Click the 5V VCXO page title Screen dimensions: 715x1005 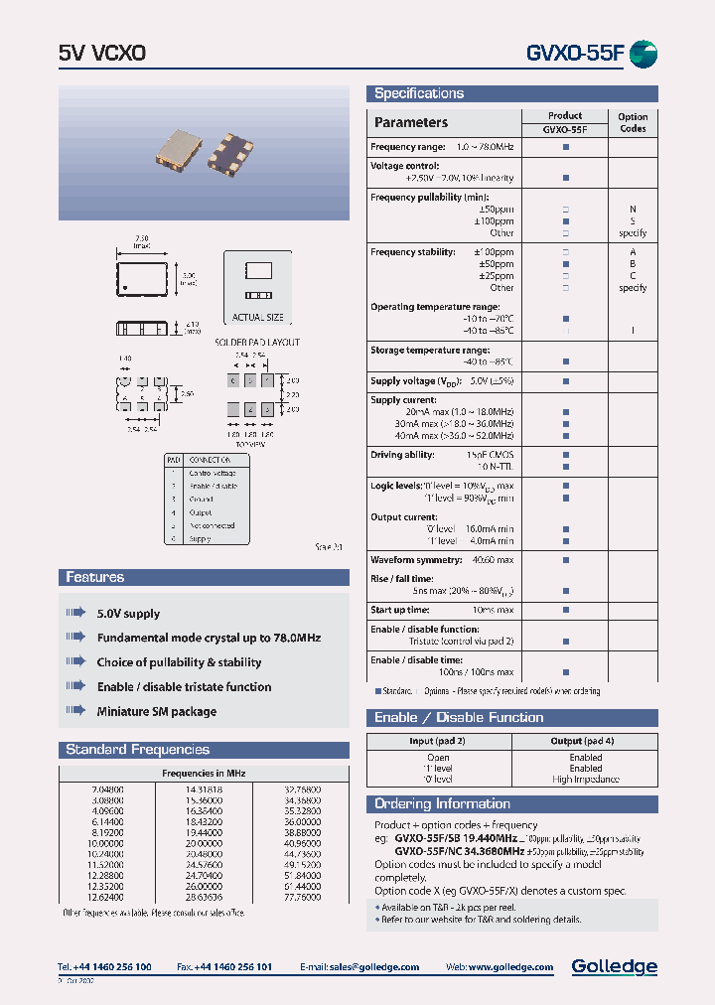tap(102, 54)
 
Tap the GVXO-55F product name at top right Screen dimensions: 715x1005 tap(575, 54)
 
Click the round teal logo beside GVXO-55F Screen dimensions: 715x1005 tap(643, 54)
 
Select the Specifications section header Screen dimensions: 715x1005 tap(419, 93)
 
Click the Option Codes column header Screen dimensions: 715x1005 tap(633, 122)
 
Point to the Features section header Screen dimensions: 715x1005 tap(95, 577)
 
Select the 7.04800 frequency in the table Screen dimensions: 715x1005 tap(106, 789)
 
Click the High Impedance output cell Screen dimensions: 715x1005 tap(585, 780)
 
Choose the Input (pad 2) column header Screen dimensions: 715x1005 tap(437, 741)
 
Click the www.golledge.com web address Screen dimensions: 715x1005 tap(512, 967)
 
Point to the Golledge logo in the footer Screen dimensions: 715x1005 tap(614, 966)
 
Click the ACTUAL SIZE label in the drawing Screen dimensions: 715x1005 tap(257, 318)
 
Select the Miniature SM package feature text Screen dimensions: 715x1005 tap(156, 711)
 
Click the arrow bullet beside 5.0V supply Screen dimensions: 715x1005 tap(76, 613)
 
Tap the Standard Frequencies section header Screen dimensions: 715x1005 tap(138, 750)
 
